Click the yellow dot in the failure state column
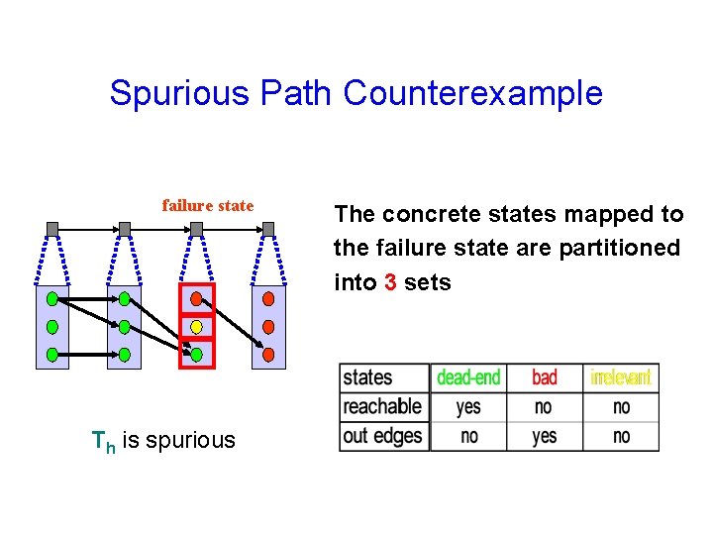(196, 326)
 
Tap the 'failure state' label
(208, 206)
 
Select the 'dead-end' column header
(468, 377)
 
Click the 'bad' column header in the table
(545, 377)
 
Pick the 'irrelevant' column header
(621, 377)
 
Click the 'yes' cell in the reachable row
(468, 406)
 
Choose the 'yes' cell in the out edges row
(545, 436)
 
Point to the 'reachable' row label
(382, 406)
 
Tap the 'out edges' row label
(382, 436)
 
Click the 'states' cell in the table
(367, 377)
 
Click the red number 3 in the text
(391, 282)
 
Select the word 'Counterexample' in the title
(472, 93)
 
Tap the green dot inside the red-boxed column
(196, 354)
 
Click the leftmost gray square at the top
(52, 229)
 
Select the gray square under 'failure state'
(196, 229)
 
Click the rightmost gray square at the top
(268, 229)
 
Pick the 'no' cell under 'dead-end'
(468, 436)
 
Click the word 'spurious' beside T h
(190, 440)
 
